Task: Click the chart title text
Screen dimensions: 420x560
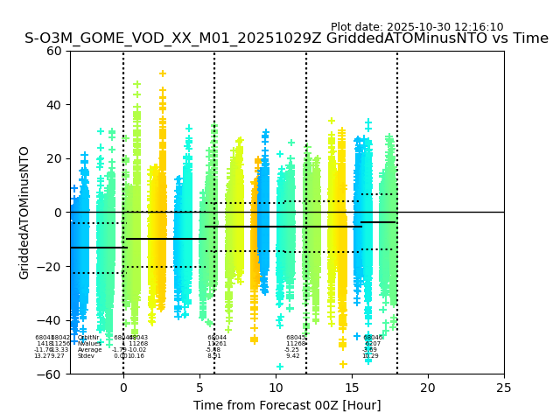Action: (287, 38)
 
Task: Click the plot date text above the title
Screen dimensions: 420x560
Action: (416, 27)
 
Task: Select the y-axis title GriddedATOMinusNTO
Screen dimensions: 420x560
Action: (24, 213)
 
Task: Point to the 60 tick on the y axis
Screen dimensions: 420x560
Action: (54, 51)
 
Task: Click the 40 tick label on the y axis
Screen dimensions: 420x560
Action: (54, 105)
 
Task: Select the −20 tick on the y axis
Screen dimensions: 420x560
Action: (51, 266)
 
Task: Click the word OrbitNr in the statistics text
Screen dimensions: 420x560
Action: (88, 338)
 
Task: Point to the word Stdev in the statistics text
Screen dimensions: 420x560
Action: (86, 356)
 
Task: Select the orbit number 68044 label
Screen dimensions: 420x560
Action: (217, 338)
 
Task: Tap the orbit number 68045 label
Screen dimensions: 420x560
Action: (296, 338)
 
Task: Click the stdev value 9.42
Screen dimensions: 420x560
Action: (293, 356)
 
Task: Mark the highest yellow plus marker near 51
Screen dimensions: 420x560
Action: (162, 73)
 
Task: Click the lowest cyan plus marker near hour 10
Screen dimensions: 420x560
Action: (280, 367)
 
